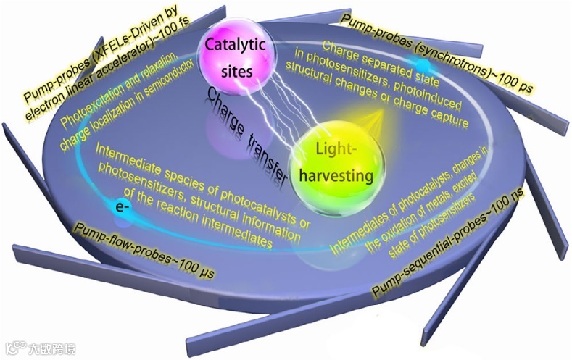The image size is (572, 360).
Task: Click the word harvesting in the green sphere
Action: pos(339,175)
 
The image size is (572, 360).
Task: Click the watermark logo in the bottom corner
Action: pos(40,349)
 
